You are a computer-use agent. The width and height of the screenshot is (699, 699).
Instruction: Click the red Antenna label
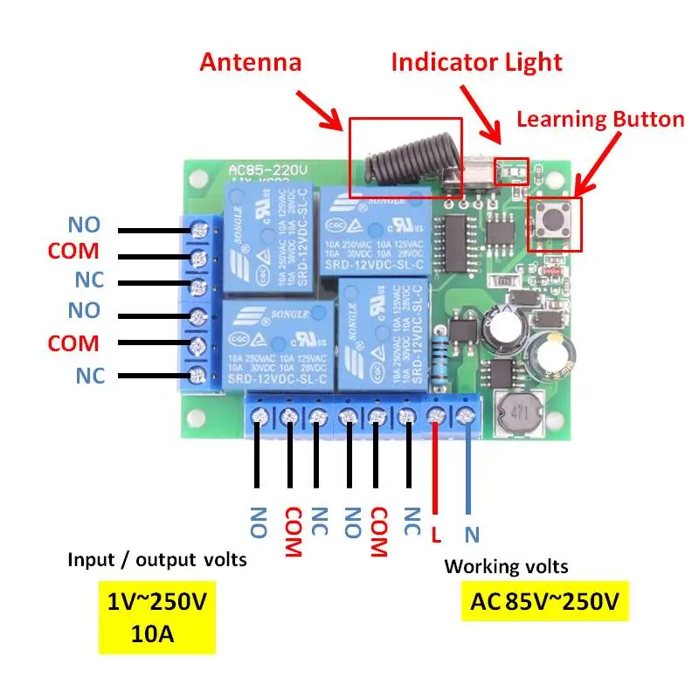[x=251, y=63]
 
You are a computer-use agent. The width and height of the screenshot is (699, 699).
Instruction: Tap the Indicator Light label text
[x=476, y=63]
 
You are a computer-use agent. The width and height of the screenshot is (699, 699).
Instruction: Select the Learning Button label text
[x=600, y=120]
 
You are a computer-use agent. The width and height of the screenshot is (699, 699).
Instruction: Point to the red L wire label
[x=436, y=532]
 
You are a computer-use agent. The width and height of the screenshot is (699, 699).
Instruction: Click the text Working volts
[x=506, y=566]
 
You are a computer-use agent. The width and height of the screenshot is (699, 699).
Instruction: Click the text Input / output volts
[x=157, y=560]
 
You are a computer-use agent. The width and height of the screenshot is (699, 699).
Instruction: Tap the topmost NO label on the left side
[x=84, y=225]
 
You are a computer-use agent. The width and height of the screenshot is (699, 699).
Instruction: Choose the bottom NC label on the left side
[x=90, y=376]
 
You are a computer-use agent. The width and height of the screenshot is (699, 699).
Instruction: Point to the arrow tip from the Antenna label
[x=343, y=130]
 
